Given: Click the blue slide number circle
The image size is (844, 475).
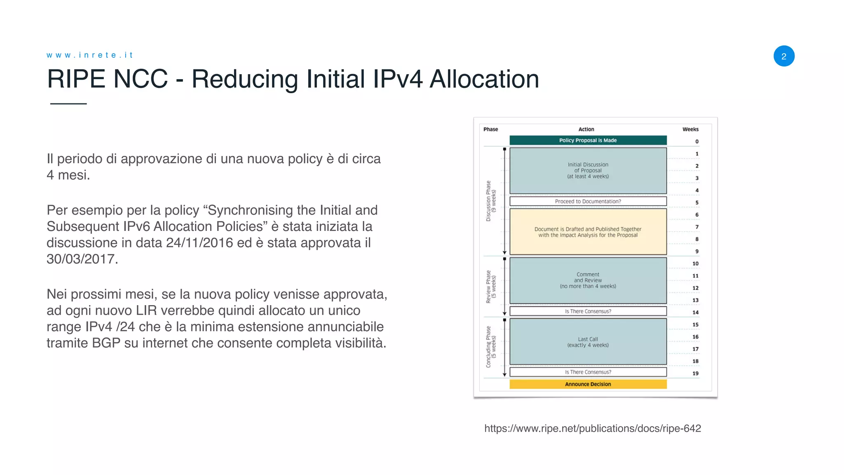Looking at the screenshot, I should point(783,56).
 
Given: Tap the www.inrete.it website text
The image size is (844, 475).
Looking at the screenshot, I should point(89,55).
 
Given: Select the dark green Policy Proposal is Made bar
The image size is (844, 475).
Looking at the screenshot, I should point(588,140).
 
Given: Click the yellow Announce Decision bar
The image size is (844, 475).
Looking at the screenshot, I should point(588,384).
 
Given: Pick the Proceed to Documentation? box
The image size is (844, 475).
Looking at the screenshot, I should point(588,201).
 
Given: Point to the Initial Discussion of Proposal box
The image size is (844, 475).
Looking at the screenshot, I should point(588,170).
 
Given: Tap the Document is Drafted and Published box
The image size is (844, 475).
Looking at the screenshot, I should point(588,232).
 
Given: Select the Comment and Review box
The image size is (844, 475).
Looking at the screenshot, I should point(588,280).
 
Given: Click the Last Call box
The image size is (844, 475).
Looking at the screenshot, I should point(588,342).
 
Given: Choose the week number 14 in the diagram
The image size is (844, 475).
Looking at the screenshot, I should point(695,313).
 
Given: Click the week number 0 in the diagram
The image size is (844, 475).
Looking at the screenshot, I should point(697,141).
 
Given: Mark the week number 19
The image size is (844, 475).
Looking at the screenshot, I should point(695,374).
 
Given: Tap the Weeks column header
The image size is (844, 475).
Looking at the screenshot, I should point(690,129).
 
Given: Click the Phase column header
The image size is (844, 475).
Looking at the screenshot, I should point(490,129).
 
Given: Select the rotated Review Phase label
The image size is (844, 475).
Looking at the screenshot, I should point(491,287).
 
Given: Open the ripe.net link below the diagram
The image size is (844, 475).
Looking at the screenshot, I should point(592,428).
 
